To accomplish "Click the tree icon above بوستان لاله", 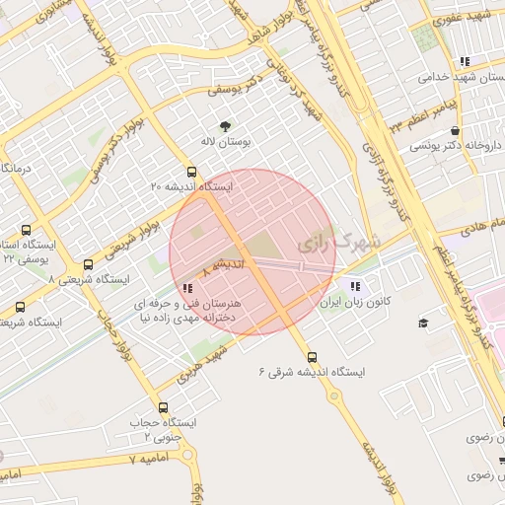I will pos(226,125).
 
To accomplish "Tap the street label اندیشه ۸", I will pos(222,266).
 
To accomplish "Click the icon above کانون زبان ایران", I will pos(327,286).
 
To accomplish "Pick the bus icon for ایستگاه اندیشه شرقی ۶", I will pos(312,357).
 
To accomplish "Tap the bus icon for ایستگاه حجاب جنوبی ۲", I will pos(163,406).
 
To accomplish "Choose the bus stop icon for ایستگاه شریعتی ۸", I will pos(90,264).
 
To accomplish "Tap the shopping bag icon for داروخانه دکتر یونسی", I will pos(454,130).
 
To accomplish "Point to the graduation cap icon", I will pos(423,324).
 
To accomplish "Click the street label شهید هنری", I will pos(203,362).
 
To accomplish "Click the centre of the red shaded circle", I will pos(252,252).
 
